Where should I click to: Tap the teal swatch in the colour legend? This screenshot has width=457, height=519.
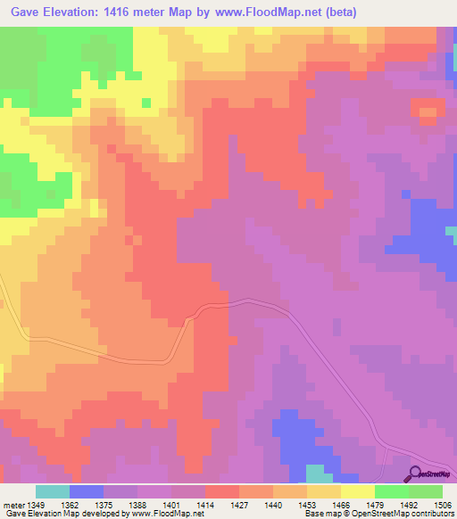point(52,491)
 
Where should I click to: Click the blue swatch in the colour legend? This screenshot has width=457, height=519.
point(87,491)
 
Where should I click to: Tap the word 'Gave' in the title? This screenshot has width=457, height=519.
point(21,11)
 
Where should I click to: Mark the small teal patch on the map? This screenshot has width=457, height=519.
point(315,473)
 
